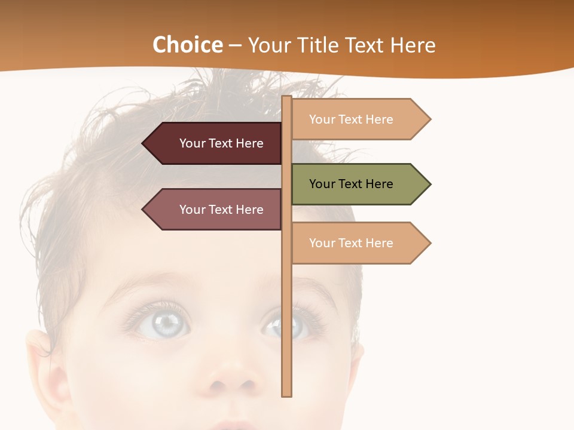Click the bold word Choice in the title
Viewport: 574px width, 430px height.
(187, 45)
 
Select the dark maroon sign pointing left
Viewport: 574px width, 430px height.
(215, 143)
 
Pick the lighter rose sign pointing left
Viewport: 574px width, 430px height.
(215, 210)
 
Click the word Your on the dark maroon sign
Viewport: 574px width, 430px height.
(193, 143)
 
